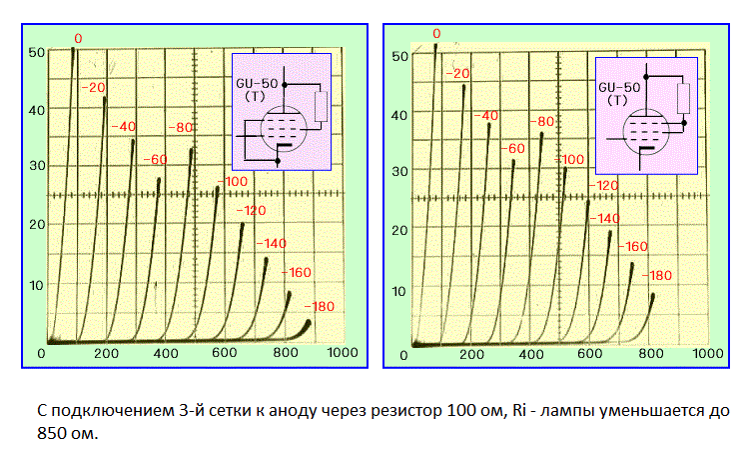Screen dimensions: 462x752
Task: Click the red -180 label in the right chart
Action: tap(658, 274)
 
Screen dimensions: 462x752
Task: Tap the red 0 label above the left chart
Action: tap(78, 38)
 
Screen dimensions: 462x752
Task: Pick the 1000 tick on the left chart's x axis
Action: tap(344, 354)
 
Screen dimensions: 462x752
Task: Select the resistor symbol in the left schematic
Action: tap(321, 106)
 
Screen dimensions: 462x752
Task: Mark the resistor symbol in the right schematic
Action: tap(683, 97)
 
